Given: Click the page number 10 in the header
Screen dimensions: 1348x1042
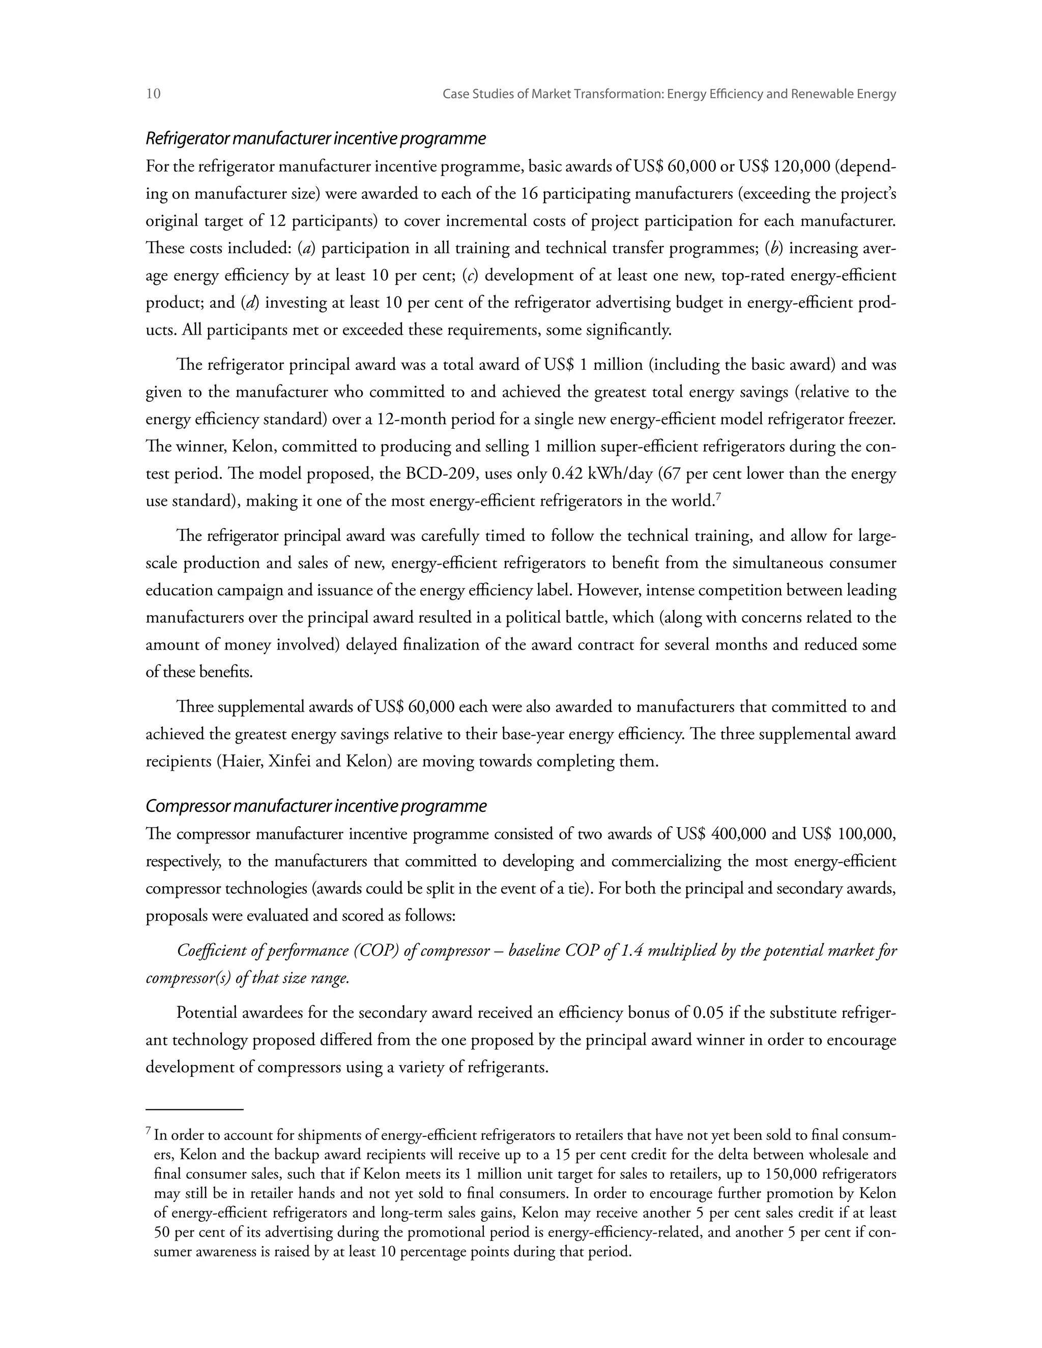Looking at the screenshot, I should pyautogui.click(x=153, y=94).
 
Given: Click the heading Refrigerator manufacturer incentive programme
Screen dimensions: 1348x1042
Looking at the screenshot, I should pyautogui.click(x=315, y=139).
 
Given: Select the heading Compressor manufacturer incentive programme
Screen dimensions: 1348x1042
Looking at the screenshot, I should pyautogui.click(x=315, y=806).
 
